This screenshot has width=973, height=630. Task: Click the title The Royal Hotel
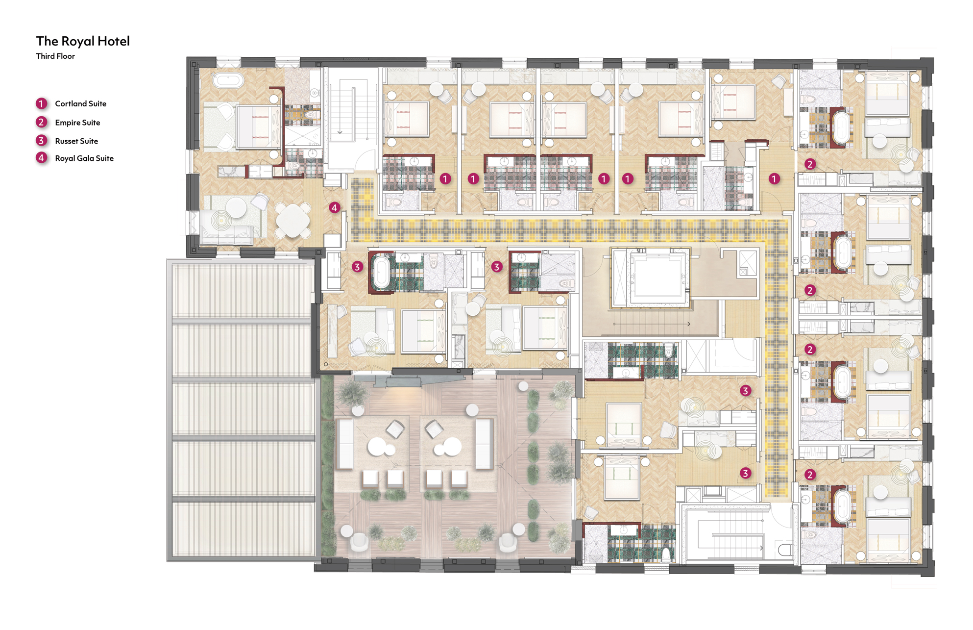[x=83, y=41]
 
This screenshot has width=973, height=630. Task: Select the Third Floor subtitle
[x=55, y=56]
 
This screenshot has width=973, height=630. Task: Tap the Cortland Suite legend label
[x=81, y=103]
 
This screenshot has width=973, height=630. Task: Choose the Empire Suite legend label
[x=77, y=123]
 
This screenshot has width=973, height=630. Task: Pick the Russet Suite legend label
[x=76, y=141]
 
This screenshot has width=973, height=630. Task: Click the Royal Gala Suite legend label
[x=84, y=158]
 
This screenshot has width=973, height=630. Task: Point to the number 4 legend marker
[x=42, y=158]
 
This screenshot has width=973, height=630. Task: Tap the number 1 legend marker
[x=42, y=103]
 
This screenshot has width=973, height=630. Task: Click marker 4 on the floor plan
[x=335, y=207]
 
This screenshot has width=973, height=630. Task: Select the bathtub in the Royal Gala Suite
[x=228, y=80]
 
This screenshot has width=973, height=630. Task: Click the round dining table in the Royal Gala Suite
[x=292, y=221]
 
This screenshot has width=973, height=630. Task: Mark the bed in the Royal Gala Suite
[x=258, y=127]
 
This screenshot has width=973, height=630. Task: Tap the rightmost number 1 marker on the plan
[x=774, y=179]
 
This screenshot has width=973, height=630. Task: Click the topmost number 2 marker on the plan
[x=810, y=164]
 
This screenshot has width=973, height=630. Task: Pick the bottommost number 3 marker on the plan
[x=745, y=473]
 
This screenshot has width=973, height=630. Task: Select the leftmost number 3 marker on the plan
[x=357, y=267]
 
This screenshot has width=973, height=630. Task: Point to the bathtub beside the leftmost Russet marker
[x=381, y=272]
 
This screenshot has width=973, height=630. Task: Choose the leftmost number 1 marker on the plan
[x=445, y=179]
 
